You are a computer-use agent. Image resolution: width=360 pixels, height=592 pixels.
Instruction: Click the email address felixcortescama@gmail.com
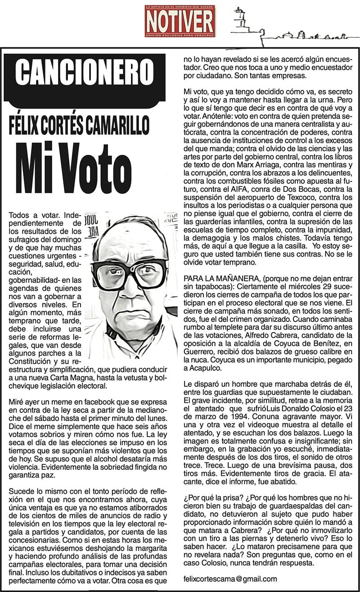coord(230,579)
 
